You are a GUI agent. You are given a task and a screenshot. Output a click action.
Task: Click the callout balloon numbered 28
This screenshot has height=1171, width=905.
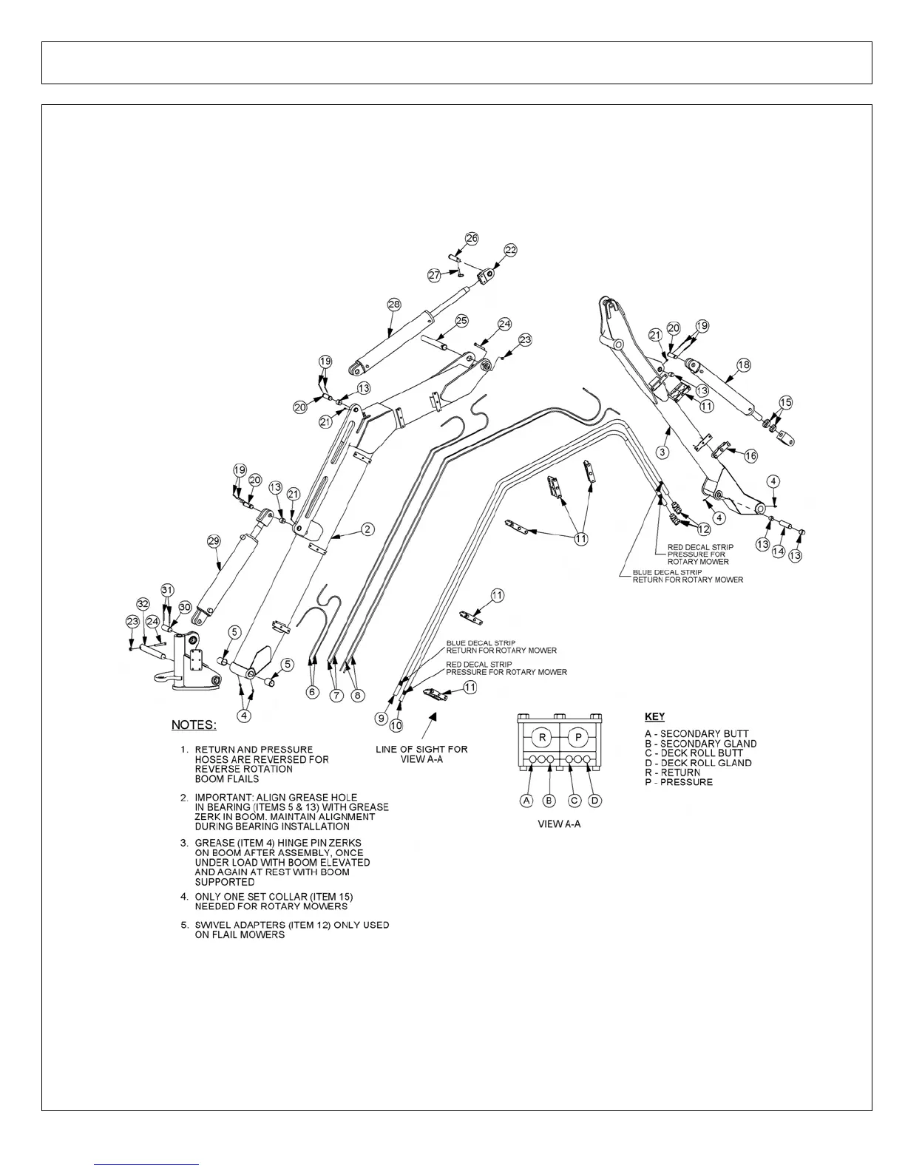coord(393,305)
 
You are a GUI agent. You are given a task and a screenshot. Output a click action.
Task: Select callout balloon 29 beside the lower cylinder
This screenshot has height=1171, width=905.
coord(214,542)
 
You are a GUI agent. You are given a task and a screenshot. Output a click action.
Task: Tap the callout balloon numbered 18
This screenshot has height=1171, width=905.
coord(744,364)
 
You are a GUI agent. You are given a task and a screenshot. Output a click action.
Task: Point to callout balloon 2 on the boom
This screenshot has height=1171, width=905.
coord(367,529)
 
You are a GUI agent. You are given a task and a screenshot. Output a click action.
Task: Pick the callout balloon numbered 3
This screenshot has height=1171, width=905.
coord(662,451)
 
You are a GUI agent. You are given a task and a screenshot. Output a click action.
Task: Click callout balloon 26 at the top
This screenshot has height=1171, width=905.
coord(471,238)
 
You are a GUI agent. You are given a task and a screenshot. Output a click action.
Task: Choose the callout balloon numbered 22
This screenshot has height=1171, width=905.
coord(510,250)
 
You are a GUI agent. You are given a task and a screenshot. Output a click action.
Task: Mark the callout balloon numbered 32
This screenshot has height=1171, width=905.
coord(143,603)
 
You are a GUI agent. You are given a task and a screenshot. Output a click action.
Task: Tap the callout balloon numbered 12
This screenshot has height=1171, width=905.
coord(703,529)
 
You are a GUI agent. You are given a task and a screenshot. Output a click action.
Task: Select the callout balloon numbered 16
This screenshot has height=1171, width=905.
coord(750,456)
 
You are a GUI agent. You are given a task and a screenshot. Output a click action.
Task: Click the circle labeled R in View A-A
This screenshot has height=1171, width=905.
coord(543,738)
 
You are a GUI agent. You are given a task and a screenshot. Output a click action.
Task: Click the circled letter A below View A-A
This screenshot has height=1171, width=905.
coord(526,801)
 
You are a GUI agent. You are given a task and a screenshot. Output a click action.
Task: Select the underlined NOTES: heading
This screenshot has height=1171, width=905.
coord(194,725)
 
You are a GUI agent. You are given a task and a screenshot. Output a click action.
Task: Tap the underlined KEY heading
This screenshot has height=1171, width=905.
coord(654,716)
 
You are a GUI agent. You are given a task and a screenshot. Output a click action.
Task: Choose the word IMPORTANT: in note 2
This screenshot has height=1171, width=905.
coord(223,798)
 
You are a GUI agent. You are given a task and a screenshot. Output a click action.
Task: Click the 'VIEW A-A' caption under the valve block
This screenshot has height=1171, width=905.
coord(559,824)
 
